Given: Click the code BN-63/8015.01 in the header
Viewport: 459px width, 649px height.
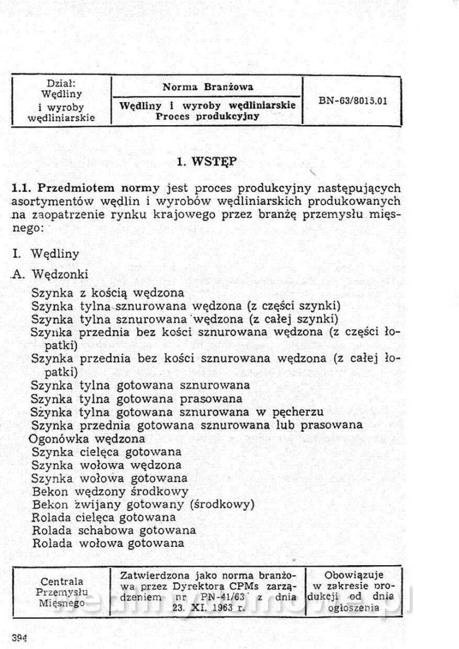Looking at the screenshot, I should click(352, 100).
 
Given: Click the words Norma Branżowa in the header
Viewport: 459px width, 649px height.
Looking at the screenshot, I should click(207, 87).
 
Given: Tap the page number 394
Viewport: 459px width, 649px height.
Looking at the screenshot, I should click(20, 636).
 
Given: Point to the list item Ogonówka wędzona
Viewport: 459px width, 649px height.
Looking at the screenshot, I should click(87, 438).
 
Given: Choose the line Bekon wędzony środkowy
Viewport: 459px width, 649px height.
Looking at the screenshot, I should click(110, 491).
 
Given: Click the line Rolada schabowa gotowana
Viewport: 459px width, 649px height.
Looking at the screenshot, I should click(114, 530).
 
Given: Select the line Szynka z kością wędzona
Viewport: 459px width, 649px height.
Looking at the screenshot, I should click(108, 293).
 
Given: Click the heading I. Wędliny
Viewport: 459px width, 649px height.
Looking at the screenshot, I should click(45, 253).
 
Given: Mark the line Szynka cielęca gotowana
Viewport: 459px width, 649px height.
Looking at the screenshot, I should click(107, 452).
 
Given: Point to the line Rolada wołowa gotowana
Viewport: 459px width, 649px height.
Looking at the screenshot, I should click(108, 543).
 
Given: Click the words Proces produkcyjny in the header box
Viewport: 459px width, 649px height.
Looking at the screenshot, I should click(207, 115).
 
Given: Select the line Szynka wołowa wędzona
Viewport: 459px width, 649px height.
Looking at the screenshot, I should click(107, 465).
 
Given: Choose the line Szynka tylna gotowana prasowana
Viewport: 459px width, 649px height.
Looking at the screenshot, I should click(137, 398).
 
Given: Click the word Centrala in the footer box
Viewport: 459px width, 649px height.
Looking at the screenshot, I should click(61, 581).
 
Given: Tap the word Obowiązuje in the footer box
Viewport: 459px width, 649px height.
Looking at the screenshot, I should click(354, 574).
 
